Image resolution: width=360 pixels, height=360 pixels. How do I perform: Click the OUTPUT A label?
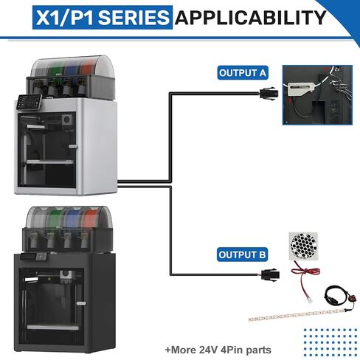[x=243, y=73]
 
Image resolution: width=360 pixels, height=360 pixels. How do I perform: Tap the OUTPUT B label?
[x=242, y=255]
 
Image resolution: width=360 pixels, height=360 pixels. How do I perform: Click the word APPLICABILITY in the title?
[x=251, y=18]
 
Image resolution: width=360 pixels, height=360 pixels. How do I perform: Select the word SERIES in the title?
[x=134, y=18]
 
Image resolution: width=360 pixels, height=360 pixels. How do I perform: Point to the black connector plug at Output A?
[x=269, y=94]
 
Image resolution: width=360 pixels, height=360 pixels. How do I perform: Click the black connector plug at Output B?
[x=270, y=274]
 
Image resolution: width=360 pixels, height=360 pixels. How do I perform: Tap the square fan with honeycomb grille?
[x=303, y=246]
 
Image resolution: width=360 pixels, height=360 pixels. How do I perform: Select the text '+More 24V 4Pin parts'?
[x=218, y=350]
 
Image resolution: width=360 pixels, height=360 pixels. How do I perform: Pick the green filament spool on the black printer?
[x=55, y=218]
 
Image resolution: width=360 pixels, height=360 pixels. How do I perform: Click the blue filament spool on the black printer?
[x=72, y=218]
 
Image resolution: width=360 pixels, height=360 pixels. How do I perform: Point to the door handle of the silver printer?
[x=73, y=147]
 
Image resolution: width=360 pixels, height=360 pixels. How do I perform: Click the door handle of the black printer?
[x=81, y=303]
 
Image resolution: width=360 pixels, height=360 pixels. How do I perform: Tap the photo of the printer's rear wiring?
[x=317, y=95]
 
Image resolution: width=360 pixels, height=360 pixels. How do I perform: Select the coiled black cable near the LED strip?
[x=337, y=294]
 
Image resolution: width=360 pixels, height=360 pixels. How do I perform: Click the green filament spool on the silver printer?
[x=56, y=69]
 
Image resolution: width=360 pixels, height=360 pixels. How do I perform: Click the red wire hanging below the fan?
[x=305, y=277]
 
